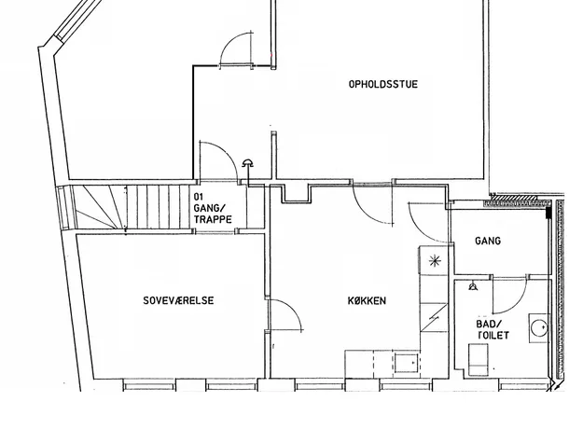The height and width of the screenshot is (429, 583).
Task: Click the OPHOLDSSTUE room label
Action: click(383, 84)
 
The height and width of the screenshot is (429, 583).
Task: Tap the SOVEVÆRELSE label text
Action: click(178, 300)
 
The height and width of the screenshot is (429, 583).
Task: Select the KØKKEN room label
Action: click(367, 300)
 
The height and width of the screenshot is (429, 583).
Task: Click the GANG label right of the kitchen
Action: click(488, 241)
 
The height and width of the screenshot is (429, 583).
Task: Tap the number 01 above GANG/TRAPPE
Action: click(199, 196)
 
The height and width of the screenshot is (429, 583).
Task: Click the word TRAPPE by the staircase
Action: click(213, 219)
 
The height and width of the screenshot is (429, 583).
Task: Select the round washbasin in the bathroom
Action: click(539, 328)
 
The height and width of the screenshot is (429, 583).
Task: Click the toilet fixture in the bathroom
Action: click(478, 359)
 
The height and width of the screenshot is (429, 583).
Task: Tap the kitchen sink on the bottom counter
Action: click(407, 363)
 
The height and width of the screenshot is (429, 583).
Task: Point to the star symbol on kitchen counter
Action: click(435, 261)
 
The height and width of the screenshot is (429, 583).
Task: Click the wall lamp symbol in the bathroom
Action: click(473, 286)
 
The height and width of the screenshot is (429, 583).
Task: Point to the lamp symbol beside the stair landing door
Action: click(247, 163)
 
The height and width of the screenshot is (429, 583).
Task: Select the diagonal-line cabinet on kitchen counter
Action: click(434, 317)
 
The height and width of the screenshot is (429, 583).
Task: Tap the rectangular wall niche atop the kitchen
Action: click(296, 193)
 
